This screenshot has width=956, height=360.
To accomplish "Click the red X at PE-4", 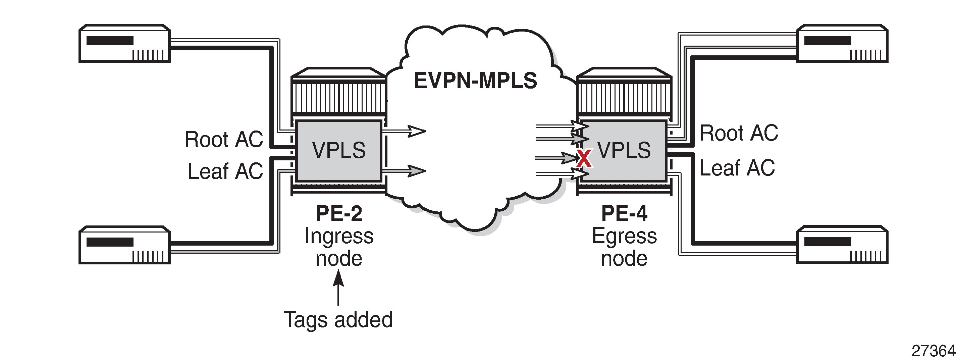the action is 584,158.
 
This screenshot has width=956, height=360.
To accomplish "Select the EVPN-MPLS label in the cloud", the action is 475,81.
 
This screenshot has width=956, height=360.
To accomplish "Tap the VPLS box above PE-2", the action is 338,150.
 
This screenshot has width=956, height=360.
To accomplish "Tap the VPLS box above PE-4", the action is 624,150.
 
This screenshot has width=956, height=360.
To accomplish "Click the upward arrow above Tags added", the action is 338,288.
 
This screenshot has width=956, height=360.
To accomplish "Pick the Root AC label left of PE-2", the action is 224,139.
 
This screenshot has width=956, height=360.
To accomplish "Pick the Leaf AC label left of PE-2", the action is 225,171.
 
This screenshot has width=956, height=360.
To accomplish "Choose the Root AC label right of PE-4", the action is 739,133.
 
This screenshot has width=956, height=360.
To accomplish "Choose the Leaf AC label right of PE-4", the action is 737,168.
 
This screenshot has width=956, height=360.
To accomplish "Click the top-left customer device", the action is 125,43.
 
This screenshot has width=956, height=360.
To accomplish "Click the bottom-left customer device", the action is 125,245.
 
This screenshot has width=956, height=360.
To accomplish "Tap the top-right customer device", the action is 842,43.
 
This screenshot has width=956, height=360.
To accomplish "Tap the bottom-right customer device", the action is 842,245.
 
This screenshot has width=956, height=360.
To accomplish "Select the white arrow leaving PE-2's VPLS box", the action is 404,131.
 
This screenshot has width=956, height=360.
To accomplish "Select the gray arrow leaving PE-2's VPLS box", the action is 404,171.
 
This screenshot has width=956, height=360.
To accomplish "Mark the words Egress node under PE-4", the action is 624,247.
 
